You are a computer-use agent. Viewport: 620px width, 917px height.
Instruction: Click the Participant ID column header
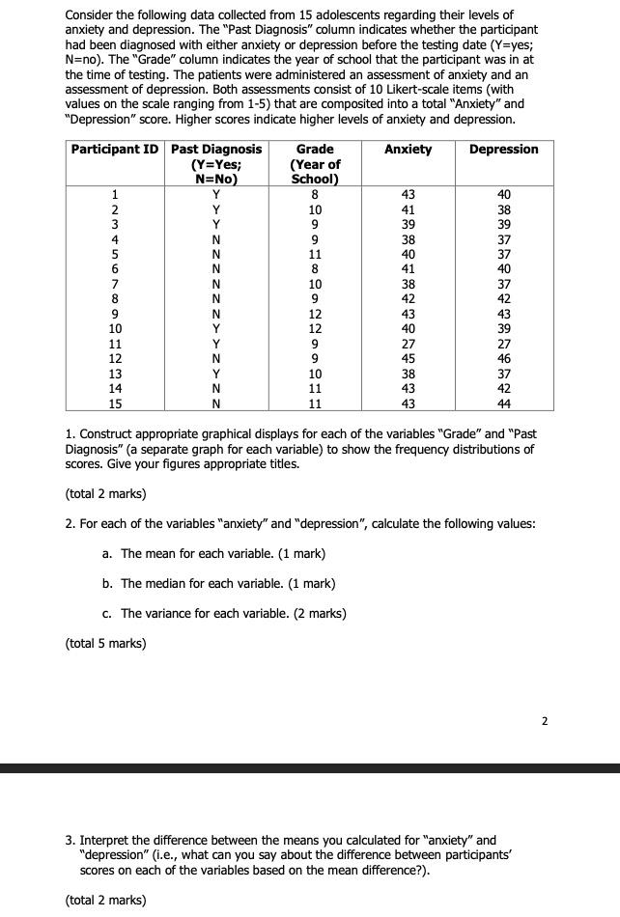pyautogui.click(x=117, y=150)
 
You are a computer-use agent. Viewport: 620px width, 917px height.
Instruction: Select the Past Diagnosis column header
pyautogui.click(x=216, y=150)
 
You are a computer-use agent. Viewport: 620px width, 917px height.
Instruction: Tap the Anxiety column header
pyautogui.click(x=408, y=150)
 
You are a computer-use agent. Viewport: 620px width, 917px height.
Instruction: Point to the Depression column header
pyautogui.click(x=503, y=150)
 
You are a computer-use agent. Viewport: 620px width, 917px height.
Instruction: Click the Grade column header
pyautogui.click(x=315, y=150)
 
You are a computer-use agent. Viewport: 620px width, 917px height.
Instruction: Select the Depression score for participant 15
pyautogui.click(x=503, y=403)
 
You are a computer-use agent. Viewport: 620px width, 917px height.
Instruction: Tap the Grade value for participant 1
pyautogui.click(x=315, y=194)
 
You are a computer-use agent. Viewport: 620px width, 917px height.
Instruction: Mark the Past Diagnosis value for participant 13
pyautogui.click(x=216, y=373)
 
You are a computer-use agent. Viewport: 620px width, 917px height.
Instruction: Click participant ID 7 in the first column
pyautogui.click(x=116, y=285)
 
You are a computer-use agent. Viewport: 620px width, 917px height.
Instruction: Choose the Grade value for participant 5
pyautogui.click(x=315, y=255)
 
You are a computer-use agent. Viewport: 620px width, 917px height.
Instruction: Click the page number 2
pyautogui.click(x=544, y=720)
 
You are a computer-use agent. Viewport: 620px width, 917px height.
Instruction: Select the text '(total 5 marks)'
pyautogui.click(x=105, y=643)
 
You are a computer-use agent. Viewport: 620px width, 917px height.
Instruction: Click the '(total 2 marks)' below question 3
pyautogui.click(x=105, y=900)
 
